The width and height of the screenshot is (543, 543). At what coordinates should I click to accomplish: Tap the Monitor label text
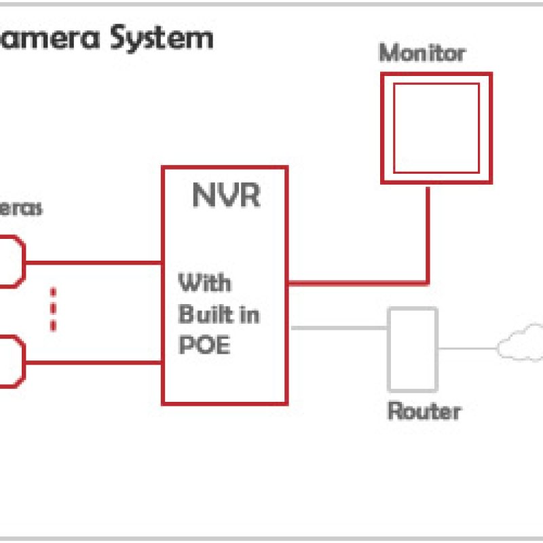coord(422,52)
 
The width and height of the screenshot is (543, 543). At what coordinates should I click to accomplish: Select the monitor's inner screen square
coord(436,128)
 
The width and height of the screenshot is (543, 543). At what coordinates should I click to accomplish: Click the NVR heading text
coord(225,195)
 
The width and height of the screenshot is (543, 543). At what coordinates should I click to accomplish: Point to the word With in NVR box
coord(204,282)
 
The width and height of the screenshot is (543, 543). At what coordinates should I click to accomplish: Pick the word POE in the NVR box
coord(204,345)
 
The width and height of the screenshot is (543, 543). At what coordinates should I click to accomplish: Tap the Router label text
coord(424,411)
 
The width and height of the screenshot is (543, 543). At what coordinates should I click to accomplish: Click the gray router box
coord(412,349)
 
